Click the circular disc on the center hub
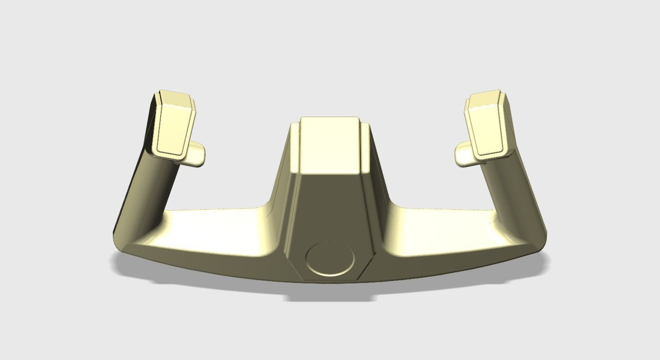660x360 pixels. (330, 259)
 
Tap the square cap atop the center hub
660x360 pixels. (330, 144)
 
